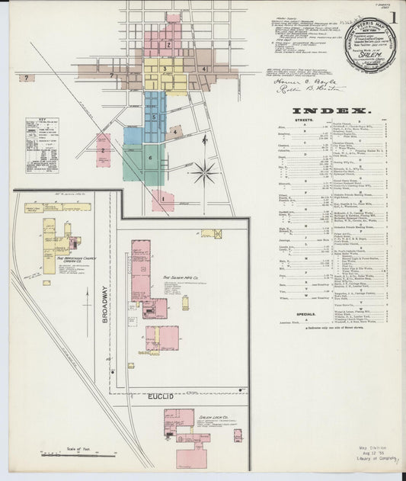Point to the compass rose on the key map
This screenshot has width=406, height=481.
pyautogui.click(x=204, y=172)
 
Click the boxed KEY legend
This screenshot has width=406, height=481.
pyautogui.click(x=42, y=145)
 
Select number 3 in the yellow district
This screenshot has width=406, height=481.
pyautogui.click(x=165, y=69)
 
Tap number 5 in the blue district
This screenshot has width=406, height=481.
pyautogui.click(x=155, y=117)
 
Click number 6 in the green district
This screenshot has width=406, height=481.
pyautogui.click(x=150, y=158)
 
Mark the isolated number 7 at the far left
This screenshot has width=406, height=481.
pyautogui.click(x=27, y=78)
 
